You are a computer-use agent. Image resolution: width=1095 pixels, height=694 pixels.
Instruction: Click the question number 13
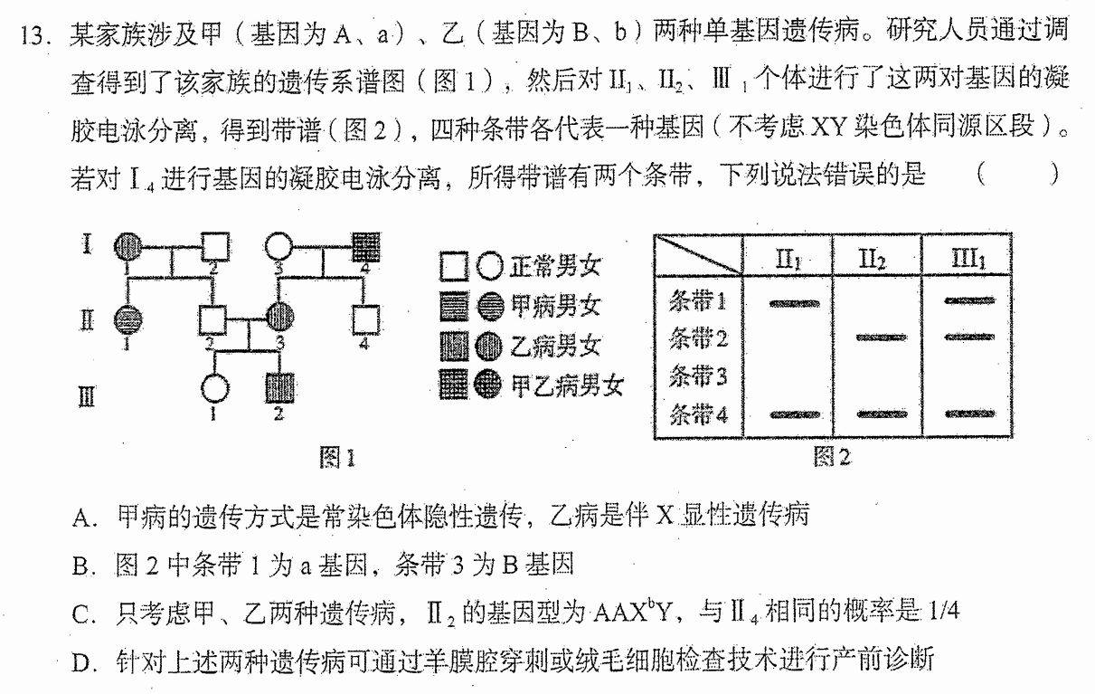click(33, 36)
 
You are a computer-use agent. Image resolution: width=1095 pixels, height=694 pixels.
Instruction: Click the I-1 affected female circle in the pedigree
click(128, 246)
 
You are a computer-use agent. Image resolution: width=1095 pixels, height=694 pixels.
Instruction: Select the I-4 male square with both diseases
click(366, 246)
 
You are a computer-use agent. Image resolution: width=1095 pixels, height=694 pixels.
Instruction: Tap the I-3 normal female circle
click(278, 246)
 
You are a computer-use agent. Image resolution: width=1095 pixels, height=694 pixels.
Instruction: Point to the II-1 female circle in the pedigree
click(128, 320)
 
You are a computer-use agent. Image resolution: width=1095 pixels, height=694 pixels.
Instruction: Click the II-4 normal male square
click(365, 320)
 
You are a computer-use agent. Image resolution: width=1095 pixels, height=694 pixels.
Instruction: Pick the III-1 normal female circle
click(214, 389)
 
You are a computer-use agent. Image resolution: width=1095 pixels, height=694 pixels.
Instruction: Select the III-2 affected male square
click(279, 388)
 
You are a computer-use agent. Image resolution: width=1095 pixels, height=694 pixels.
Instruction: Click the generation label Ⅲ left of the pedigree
click(87, 396)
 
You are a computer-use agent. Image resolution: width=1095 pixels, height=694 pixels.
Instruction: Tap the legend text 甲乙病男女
click(567, 385)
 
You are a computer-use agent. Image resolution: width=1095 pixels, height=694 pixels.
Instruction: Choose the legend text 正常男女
click(555, 267)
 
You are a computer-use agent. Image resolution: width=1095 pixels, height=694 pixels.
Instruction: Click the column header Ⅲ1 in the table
click(968, 258)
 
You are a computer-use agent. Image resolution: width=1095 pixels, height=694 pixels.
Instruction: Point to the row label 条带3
click(697, 376)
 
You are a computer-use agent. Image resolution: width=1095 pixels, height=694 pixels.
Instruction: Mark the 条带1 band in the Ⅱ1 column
click(795, 304)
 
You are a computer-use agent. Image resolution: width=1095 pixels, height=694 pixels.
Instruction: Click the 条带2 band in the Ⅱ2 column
click(882, 337)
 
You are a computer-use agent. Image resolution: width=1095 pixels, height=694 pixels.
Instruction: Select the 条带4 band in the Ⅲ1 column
click(970, 414)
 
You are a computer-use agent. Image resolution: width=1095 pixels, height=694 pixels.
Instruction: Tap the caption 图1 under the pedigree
click(337, 457)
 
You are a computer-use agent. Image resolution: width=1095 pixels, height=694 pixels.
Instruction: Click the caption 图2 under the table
click(832, 457)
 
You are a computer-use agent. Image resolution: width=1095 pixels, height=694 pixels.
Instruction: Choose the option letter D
click(81, 663)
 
